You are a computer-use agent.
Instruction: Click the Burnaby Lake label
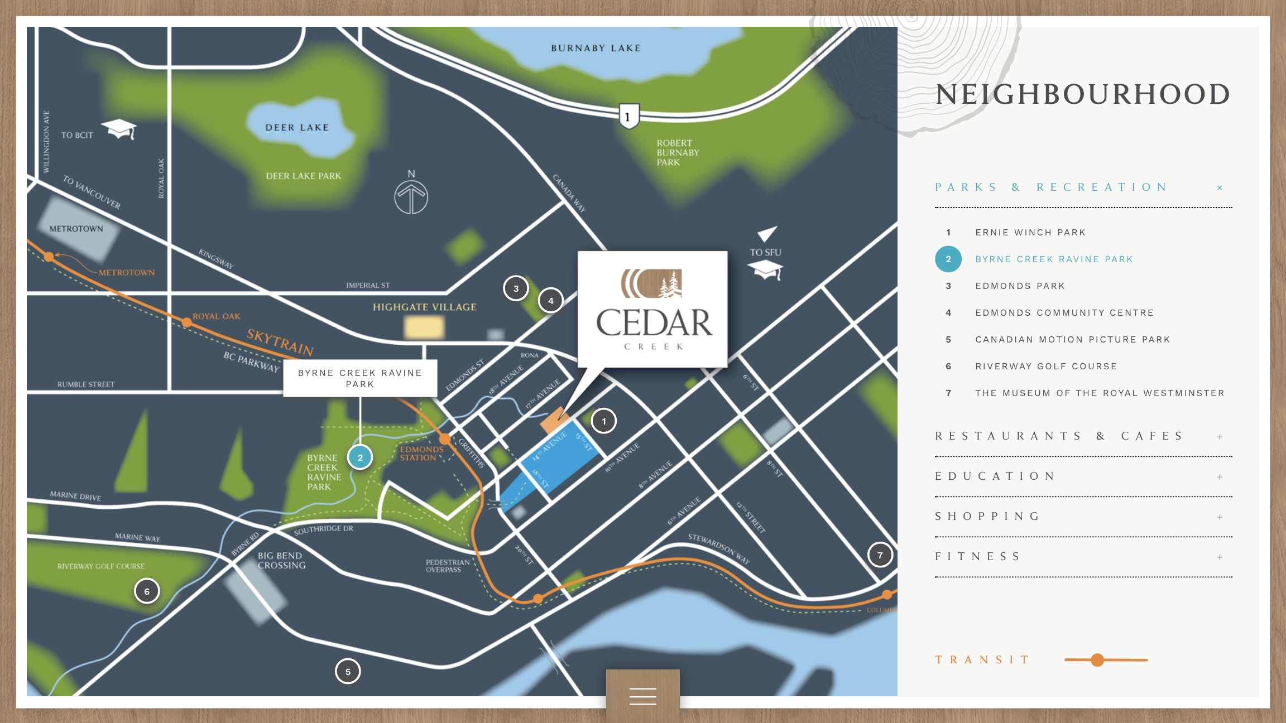(596, 48)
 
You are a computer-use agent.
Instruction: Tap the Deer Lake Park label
(303, 176)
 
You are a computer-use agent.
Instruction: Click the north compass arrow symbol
(411, 196)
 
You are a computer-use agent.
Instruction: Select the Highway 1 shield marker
(628, 116)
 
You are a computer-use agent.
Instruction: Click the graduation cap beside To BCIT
(119, 129)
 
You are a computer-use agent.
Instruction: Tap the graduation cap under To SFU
(766, 271)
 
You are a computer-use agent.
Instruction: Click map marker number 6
(147, 591)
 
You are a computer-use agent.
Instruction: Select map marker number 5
(348, 672)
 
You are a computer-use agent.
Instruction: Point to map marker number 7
(880, 555)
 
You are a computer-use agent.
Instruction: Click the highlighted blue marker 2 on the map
(360, 457)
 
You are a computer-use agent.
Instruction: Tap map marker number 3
(516, 288)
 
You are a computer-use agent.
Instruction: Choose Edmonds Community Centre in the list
(1064, 312)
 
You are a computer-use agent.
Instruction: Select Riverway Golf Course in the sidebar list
(1046, 366)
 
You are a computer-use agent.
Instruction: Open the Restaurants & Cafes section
(1059, 436)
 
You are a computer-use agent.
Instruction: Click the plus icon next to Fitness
(1220, 557)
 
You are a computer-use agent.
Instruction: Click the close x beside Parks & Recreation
(1220, 187)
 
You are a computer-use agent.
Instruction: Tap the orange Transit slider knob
(1097, 660)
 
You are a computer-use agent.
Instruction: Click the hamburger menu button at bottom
(643, 696)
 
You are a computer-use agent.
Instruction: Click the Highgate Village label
(424, 307)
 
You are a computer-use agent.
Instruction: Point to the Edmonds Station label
(421, 453)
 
